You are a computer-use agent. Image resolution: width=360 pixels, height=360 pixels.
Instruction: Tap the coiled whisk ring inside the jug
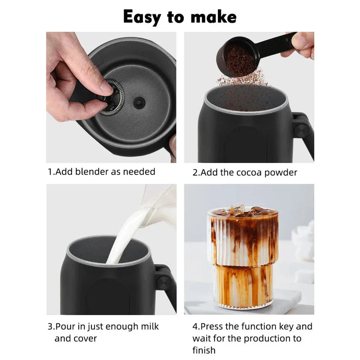(113, 98)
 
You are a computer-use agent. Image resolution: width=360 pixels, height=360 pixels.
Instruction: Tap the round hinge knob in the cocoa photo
(302, 129)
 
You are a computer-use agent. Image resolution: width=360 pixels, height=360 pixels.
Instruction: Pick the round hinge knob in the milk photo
(164, 283)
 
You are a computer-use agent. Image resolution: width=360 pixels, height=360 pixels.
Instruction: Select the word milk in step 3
(148, 327)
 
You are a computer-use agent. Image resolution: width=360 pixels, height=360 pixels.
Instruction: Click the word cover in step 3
(85, 338)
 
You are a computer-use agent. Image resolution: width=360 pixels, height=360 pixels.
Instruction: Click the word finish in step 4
(204, 350)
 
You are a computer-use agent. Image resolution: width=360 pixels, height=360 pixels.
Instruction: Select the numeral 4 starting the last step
(195, 327)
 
